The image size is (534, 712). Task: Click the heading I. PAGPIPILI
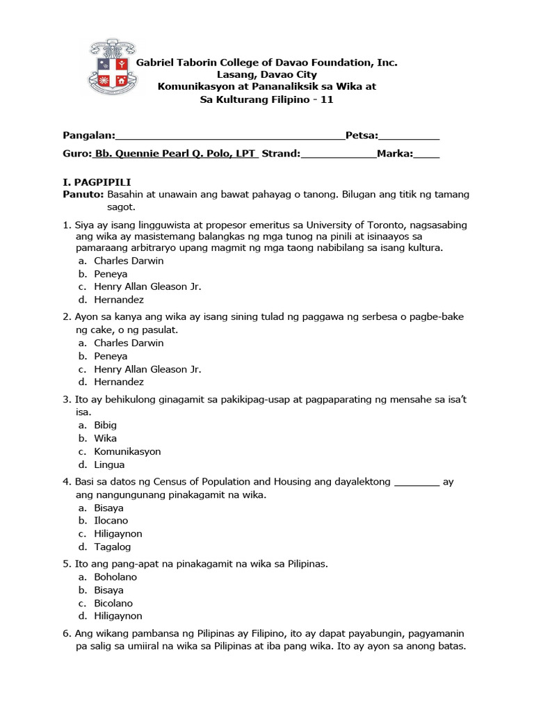[92, 182]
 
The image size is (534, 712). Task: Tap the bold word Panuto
[83, 195]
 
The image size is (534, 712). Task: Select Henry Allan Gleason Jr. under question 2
[147, 369]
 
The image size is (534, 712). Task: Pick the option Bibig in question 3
[106, 425]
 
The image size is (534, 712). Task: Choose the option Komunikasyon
[127, 451]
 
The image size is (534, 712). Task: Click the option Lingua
[109, 464]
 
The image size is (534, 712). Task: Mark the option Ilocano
[111, 521]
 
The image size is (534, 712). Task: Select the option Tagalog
[112, 547]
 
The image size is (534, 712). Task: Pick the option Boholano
[115, 577]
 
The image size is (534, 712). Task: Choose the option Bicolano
[113, 603]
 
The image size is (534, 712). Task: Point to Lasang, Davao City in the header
[267, 74]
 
